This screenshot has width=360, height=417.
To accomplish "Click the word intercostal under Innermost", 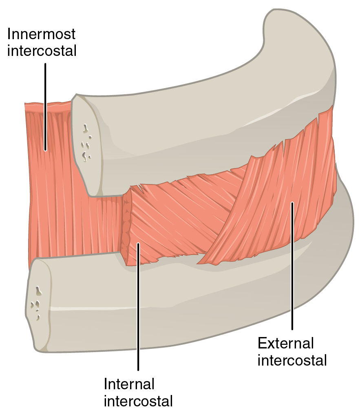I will click(42, 51).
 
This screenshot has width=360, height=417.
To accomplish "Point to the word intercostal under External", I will click(292, 360).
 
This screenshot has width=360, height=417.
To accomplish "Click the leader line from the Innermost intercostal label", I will click(45, 106).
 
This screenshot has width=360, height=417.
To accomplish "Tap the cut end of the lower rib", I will click(39, 304).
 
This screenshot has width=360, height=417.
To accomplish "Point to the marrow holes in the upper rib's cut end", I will click(86, 143).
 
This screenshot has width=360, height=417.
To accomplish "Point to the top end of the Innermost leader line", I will click(45, 64).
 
